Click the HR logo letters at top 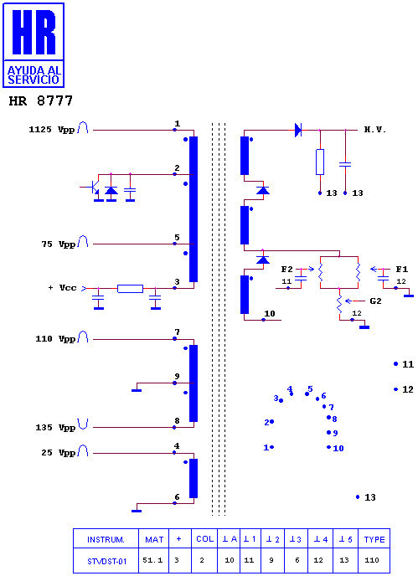[x=34, y=32]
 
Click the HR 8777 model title [x=41, y=100]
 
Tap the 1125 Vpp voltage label [x=52, y=129]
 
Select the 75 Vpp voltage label [x=59, y=244]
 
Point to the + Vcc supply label [x=63, y=288]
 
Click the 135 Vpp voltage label [x=55, y=427]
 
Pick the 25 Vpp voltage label [x=59, y=453]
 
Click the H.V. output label [x=375, y=129]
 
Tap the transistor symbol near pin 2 [x=94, y=188]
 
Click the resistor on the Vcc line [x=130, y=289]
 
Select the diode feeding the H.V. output [x=298, y=130]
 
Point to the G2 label [x=375, y=301]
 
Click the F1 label [x=402, y=270]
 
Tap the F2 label [x=287, y=270]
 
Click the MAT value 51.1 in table [x=152, y=560]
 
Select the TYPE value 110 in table [x=372, y=560]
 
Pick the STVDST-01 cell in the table [x=107, y=561]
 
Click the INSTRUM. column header [x=106, y=540]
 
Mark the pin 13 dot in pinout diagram [x=358, y=497]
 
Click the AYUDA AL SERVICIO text [x=34, y=75]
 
